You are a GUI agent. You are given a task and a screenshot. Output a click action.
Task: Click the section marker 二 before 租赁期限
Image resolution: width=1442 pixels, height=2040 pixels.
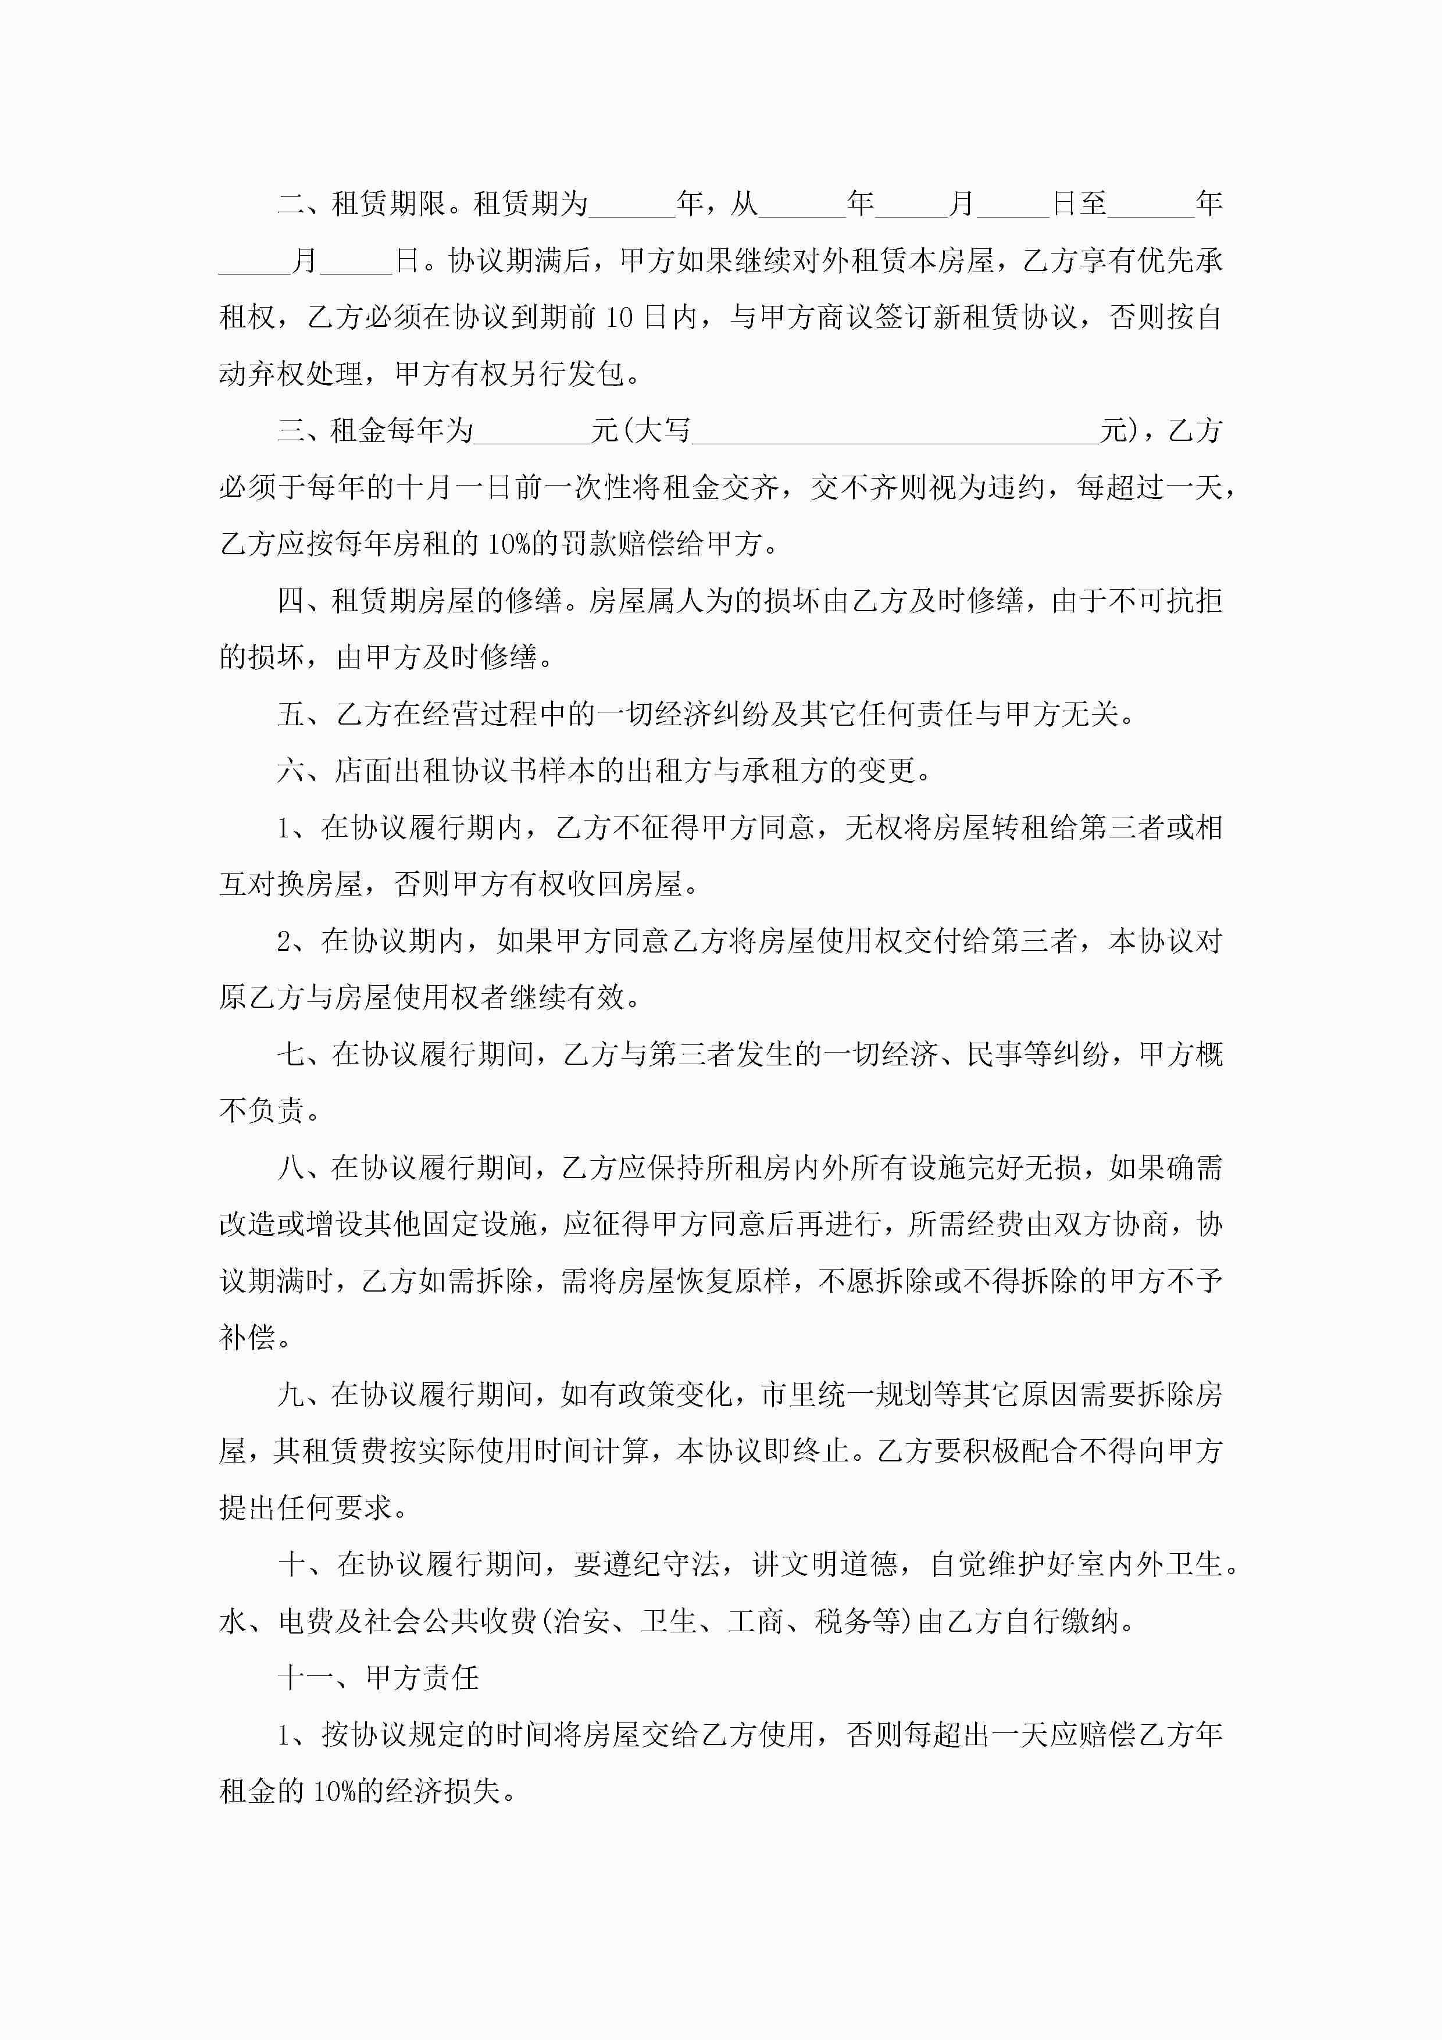tap(291, 204)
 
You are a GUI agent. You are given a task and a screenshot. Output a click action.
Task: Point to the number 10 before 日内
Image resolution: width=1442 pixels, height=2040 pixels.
tap(619, 317)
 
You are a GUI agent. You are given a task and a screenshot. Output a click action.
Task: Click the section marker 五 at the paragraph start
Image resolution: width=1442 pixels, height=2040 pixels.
tap(291, 714)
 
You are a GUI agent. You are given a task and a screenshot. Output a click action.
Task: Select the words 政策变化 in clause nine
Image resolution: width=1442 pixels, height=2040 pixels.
tap(675, 1394)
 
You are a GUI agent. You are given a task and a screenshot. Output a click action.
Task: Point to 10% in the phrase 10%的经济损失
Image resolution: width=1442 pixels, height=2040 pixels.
tap(334, 1791)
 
